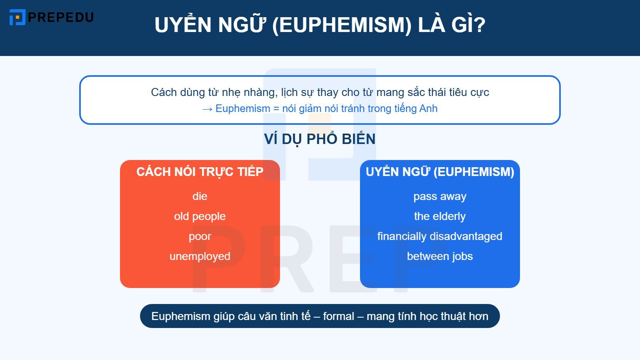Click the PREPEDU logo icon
pyautogui.click(x=17, y=17)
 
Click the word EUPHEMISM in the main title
pyautogui.click(x=342, y=25)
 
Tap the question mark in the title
pyautogui.click(x=479, y=25)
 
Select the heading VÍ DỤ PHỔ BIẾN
pyautogui.click(x=320, y=139)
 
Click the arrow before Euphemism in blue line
pyautogui.click(x=207, y=109)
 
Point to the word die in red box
pyautogui.click(x=200, y=196)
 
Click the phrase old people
pyautogui.click(x=200, y=216)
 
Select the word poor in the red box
pyautogui.click(x=200, y=236)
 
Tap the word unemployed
pyautogui.click(x=200, y=256)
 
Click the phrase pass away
pyautogui.click(x=440, y=196)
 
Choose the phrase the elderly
pyautogui.click(x=440, y=216)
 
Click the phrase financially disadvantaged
pyautogui.click(x=440, y=236)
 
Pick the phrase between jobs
pyautogui.click(x=440, y=256)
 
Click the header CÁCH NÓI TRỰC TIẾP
pyautogui.click(x=200, y=172)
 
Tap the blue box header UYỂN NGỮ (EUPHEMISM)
pyautogui.click(x=440, y=172)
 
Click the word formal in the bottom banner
pyautogui.click(x=338, y=316)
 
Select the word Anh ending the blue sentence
pyautogui.click(x=428, y=109)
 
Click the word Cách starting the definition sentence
pyautogui.click(x=164, y=92)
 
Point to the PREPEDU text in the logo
pyautogui.click(x=61, y=17)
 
